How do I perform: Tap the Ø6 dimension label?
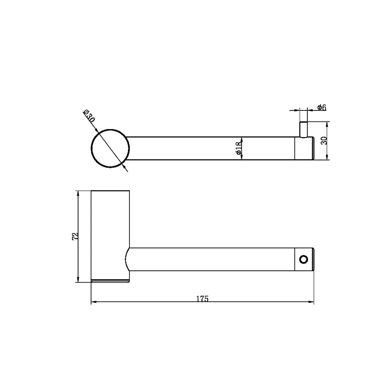click(322, 108)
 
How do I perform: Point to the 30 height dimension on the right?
click(323, 141)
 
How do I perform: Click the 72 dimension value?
click(75, 236)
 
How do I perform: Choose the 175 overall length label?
click(202, 299)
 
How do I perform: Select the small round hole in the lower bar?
click(304, 259)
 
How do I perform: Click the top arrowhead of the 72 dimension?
click(78, 193)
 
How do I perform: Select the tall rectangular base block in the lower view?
click(110, 229)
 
